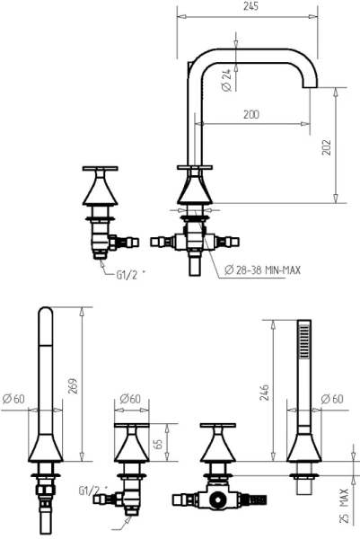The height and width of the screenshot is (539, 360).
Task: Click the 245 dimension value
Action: click(250, 6)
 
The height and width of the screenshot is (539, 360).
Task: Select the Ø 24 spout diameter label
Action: click(226, 81)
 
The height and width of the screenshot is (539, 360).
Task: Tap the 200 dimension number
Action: click(251, 114)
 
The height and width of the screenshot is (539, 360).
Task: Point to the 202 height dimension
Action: click(327, 147)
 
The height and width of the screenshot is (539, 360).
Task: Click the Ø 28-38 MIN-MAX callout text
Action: click(262, 269)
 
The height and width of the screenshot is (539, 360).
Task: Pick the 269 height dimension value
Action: click(73, 386)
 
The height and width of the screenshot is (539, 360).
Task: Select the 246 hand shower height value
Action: click(264, 393)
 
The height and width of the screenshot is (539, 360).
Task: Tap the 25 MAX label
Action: click(344, 506)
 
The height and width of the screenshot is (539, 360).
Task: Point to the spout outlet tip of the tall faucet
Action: click(310, 85)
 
